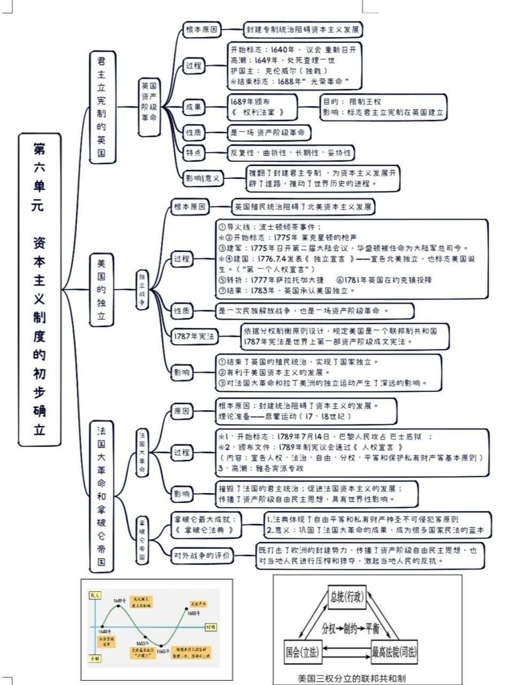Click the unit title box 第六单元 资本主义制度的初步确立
tap(39, 289)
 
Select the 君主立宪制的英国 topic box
tap(101, 107)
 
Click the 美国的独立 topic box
tap(101, 290)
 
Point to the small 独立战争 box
tap(142, 290)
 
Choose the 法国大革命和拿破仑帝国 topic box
tap(101, 495)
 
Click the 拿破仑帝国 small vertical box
tap(142, 538)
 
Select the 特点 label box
tap(193, 153)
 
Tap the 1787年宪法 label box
tap(194, 337)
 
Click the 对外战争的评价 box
tap(202, 556)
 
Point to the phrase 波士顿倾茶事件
tap(289, 226)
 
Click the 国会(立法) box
tap(301, 652)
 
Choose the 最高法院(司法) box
tap(394, 652)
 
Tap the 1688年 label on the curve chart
tap(193, 613)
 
